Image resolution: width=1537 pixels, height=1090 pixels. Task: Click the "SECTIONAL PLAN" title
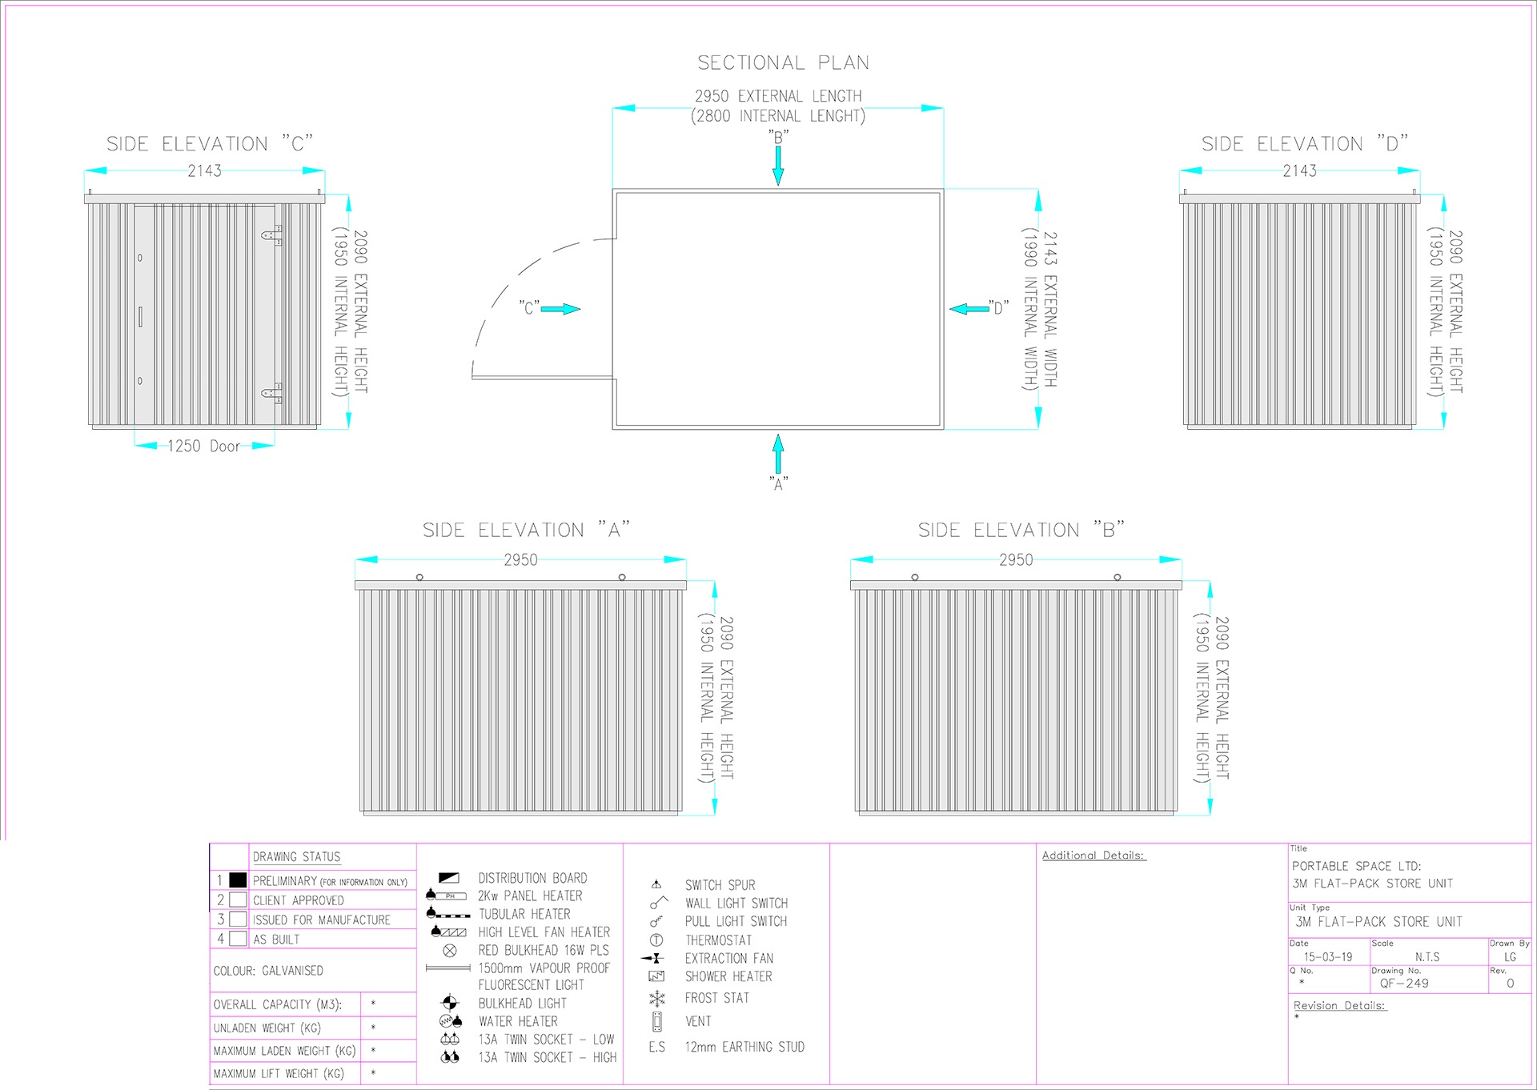coord(783,62)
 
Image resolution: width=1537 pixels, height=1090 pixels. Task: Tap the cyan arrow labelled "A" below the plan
coord(778,454)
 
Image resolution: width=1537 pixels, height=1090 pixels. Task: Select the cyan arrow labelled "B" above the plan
coord(778,166)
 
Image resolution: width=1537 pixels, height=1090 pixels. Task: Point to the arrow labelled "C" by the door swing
coord(560,309)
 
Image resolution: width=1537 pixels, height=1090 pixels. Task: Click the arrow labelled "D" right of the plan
coord(969,309)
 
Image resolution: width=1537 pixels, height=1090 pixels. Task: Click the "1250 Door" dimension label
coord(203,446)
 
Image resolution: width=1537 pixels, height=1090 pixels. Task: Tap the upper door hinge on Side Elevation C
coord(272,235)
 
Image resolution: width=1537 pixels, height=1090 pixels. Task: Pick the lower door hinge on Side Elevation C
coord(272,393)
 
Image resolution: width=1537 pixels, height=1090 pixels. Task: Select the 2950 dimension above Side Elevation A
coord(520,560)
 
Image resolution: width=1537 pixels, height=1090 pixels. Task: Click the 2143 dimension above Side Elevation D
coord(1299,170)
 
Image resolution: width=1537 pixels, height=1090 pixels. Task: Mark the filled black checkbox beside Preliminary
coord(238,880)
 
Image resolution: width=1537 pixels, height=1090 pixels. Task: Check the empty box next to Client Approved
coord(238,900)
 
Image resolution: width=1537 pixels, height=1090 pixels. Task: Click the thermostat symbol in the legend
coord(656,940)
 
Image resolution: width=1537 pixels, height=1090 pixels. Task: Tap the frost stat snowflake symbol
coord(657,998)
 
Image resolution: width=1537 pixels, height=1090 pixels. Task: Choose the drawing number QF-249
coord(1404,984)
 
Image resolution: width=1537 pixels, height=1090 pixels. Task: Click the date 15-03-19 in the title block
coord(1328,956)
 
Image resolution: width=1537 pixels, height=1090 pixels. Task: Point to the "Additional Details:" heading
coord(1094,856)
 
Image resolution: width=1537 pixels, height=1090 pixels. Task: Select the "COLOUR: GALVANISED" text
coord(268,971)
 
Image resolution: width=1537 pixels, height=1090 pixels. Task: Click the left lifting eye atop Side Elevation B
coord(915,577)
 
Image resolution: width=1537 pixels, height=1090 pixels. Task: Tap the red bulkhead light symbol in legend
coord(450,951)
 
